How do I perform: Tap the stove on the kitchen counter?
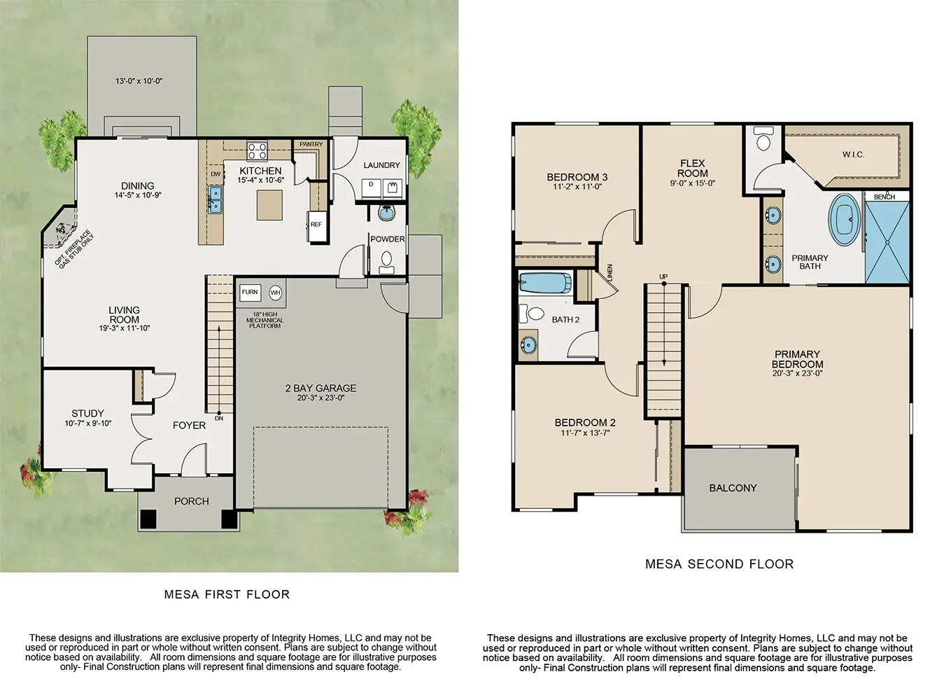point(257,150)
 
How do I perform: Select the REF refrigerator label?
point(316,225)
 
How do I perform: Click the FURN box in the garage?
point(250,292)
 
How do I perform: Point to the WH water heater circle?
point(275,293)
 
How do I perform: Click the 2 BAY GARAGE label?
point(320,388)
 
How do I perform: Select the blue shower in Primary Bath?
point(887,242)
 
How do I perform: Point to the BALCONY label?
point(733,488)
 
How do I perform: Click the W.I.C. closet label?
point(853,155)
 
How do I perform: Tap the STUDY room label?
point(87,413)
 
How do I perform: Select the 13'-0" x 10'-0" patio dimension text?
point(139,81)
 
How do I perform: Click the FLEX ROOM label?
point(692,168)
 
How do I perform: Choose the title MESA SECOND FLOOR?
point(719,563)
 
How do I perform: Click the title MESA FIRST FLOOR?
point(227,594)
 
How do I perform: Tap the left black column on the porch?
point(148,519)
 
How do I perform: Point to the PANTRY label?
point(311,144)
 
